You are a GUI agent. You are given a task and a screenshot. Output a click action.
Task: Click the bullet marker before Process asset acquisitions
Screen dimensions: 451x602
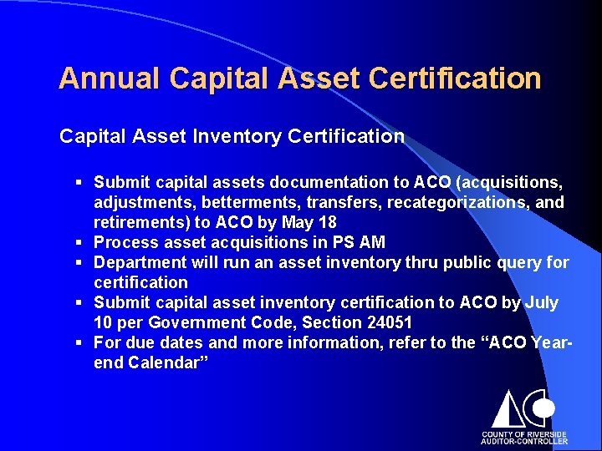(77, 243)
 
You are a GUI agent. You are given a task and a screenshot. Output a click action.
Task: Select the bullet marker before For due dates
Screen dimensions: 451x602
(77, 343)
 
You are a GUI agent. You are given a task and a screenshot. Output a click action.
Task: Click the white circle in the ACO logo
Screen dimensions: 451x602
(544, 408)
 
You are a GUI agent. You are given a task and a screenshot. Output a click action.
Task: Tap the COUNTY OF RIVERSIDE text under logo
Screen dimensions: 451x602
(523, 434)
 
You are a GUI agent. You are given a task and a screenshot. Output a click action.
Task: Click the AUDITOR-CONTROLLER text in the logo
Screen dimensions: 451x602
(523, 442)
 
